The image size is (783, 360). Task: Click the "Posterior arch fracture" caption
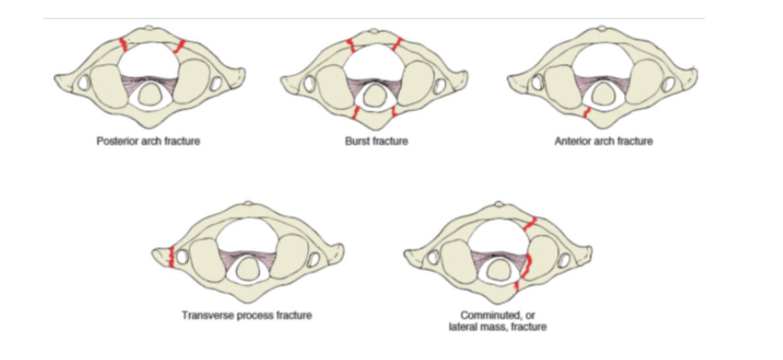point(148,141)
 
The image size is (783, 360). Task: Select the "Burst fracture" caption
point(376,141)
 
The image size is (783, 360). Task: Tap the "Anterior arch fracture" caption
point(603,141)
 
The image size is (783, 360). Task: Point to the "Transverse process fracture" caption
point(246,315)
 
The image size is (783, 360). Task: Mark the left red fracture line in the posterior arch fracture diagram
point(123,45)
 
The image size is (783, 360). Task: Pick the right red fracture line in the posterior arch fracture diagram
point(179,46)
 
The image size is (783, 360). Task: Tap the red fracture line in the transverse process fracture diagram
point(171,256)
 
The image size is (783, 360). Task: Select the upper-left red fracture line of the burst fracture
point(351,45)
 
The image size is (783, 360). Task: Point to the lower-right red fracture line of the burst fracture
point(393,113)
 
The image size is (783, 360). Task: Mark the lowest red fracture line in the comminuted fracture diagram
point(517,286)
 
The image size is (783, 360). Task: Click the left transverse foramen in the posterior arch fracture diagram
point(84,84)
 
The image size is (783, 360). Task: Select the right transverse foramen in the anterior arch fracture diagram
point(668,84)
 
